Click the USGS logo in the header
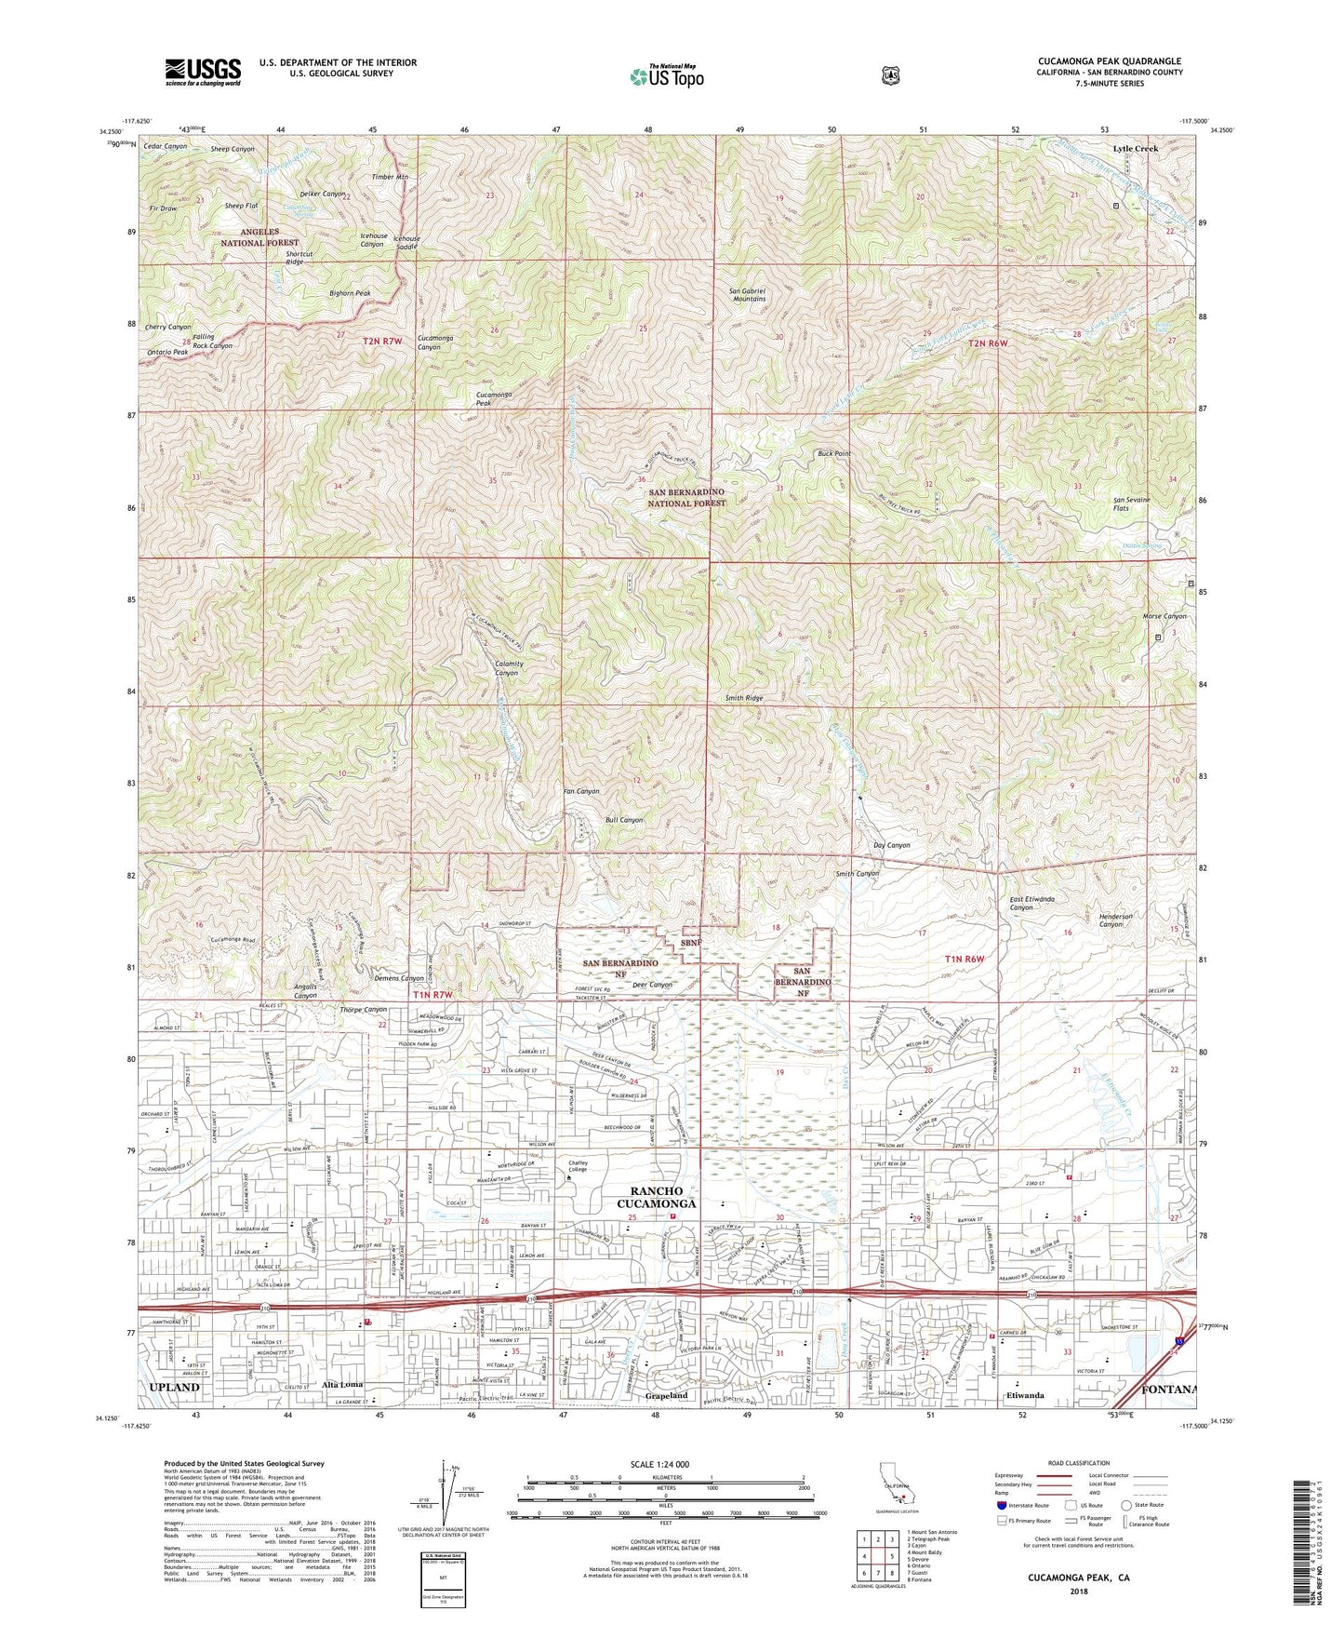point(203,72)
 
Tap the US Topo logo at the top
point(666,76)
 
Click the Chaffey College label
point(579,1165)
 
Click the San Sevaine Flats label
point(1132,504)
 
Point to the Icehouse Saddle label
point(406,242)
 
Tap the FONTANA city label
point(1166,1389)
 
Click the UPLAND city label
point(174,1387)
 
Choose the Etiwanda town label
point(1025,1395)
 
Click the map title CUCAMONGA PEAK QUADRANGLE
point(1110,61)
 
